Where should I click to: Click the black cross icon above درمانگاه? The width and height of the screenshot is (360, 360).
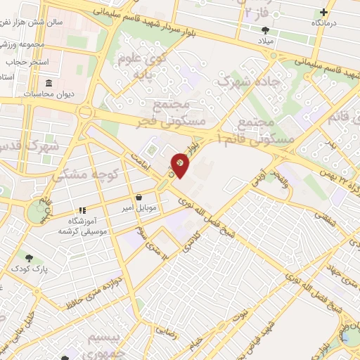point(323,12)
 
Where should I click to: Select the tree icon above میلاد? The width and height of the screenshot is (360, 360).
point(265,30)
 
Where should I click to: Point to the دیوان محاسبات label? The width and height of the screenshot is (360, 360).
point(50,94)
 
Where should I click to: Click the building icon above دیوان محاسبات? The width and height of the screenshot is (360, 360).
point(49,84)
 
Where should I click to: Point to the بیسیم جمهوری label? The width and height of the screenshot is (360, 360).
point(105,345)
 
